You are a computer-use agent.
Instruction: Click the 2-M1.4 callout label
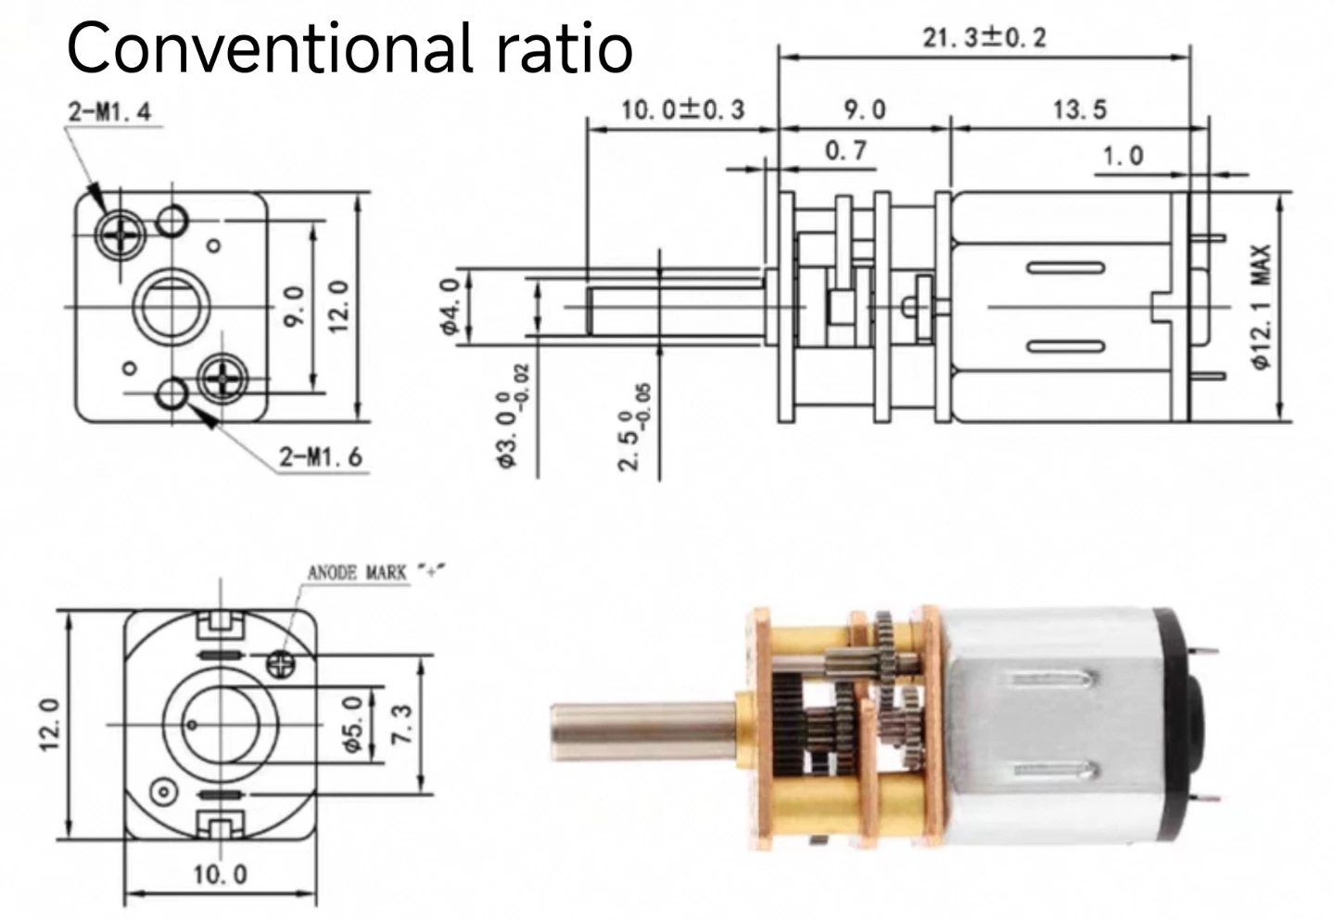point(108,112)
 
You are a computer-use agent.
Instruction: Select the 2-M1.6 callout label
point(321,456)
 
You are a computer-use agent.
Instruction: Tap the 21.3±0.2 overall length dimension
point(984,38)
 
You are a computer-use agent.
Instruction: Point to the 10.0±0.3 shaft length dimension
point(682,109)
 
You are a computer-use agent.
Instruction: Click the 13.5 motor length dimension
point(1079,109)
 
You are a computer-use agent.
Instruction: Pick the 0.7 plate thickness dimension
point(845,150)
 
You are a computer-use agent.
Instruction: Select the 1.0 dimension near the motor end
point(1122,155)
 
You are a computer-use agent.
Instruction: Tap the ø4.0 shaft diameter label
point(451,307)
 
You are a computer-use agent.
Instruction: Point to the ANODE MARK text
point(357,572)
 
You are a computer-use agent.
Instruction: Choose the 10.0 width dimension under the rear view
point(220,874)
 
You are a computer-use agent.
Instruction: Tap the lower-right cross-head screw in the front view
point(223,377)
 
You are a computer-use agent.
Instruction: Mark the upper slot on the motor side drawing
point(1066,269)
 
